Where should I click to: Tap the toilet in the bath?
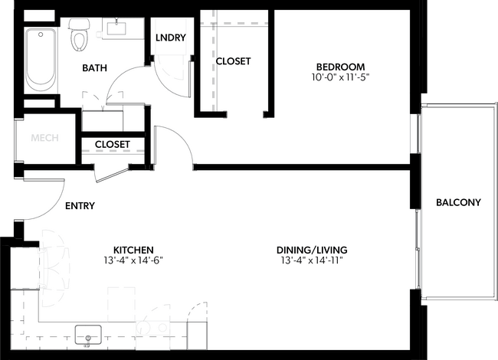(79, 35)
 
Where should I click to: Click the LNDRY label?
(170, 38)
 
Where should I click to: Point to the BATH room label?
(95, 68)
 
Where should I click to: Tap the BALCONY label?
(457, 203)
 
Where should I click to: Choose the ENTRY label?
(80, 206)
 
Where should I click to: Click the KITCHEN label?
(134, 250)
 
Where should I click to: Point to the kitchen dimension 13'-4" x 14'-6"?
(134, 260)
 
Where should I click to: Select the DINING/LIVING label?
(313, 250)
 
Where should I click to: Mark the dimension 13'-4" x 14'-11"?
(313, 260)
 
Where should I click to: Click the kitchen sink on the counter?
(89, 335)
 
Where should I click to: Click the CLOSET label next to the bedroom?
(233, 61)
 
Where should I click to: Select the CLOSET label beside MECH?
(112, 144)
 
